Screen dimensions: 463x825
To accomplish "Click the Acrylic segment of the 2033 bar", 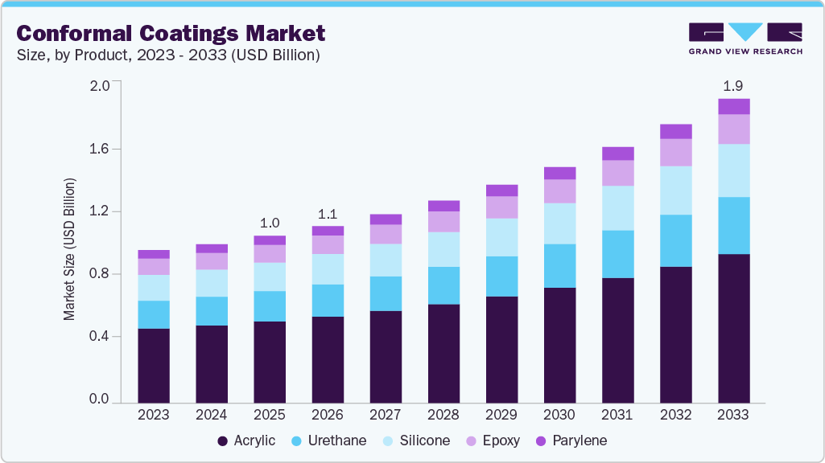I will [x=733, y=328].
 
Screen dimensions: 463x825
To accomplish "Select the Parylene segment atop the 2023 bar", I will [x=154, y=254].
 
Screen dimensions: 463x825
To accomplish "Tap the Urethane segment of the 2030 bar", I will [x=559, y=265].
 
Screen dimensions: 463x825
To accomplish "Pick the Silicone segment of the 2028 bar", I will [x=443, y=249].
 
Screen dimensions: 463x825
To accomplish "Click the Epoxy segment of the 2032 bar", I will [x=675, y=152].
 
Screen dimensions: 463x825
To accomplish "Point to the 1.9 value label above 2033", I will [x=733, y=86].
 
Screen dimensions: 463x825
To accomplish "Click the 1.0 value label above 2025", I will [x=270, y=223].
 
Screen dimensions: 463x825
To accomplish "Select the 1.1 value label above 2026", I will [x=328, y=214].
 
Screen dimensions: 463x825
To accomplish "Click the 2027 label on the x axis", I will [x=386, y=415].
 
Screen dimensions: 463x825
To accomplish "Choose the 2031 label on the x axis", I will [x=617, y=415].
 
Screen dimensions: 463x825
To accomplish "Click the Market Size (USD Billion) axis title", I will [x=70, y=249].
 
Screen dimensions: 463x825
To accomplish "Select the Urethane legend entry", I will [x=330, y=440].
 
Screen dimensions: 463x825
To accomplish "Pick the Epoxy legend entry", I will [x=492, y=440].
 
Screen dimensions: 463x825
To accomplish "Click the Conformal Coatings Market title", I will [x=171, y=33].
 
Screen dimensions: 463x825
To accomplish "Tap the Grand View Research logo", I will [x=745, y=38].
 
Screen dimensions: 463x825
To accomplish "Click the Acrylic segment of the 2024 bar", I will [x=212, y=363].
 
